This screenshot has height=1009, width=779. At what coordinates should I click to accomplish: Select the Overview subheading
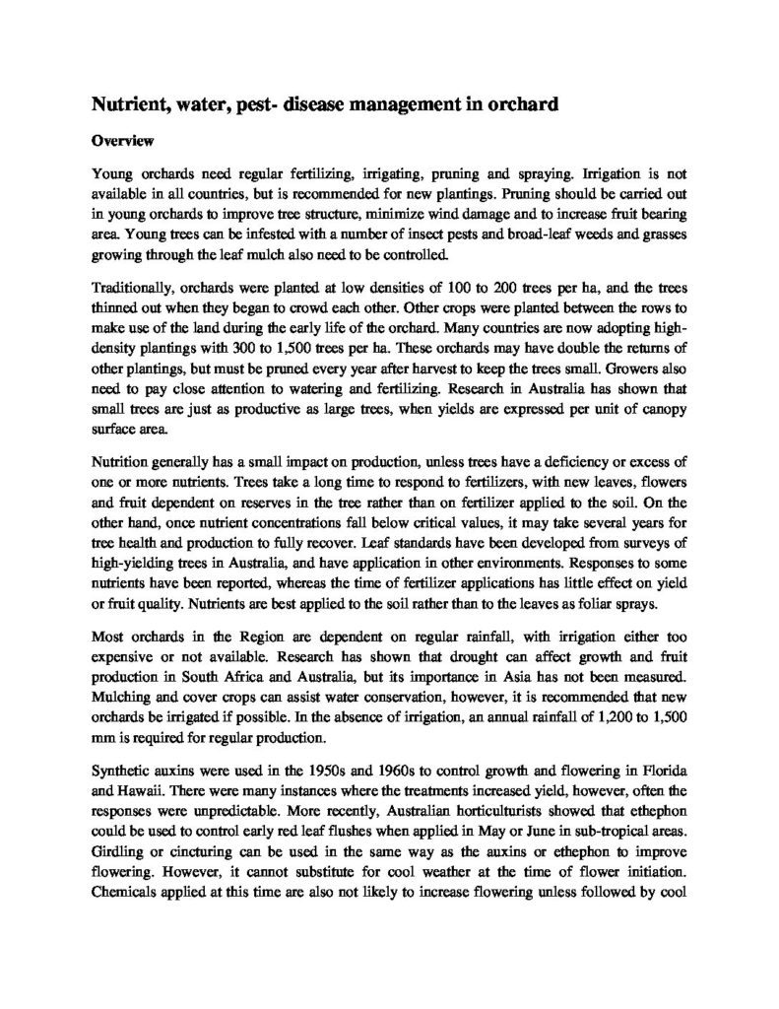point(121,140)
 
